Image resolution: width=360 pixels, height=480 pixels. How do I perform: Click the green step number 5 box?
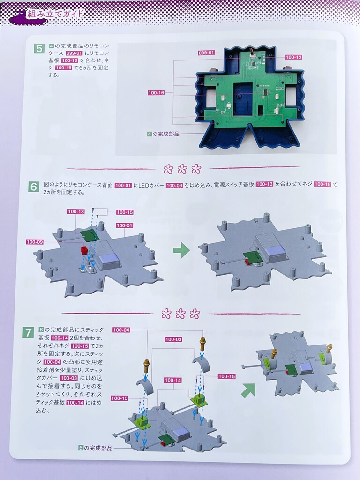point(39,48)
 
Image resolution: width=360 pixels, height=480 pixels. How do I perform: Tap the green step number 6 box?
point(34,187)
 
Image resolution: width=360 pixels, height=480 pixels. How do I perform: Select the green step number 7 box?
point(29,332)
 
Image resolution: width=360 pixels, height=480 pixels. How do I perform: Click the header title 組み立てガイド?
point(55,14)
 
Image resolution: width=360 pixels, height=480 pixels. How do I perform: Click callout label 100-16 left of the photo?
point(156,93)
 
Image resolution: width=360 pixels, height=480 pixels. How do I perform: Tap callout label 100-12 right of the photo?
point(293,57)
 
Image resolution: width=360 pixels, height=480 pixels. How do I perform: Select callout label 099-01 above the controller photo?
point(206,52)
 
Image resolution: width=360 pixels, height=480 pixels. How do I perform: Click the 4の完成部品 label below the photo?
point(163,134)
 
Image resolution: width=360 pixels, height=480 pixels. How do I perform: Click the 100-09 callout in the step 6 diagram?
point(35,242)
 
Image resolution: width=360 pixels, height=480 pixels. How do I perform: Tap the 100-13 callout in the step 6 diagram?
point(76,211)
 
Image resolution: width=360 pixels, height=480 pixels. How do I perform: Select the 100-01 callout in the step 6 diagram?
point(125,225)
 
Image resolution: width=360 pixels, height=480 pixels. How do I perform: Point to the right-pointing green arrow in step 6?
point(181,250)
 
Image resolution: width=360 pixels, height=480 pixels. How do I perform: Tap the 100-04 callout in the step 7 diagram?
point(121,330)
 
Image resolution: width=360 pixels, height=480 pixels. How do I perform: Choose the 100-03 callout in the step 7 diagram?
point(173,339)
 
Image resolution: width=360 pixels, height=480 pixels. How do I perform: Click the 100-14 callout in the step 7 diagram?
point(173,380)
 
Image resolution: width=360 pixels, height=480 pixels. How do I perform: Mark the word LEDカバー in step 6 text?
point(151,185)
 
